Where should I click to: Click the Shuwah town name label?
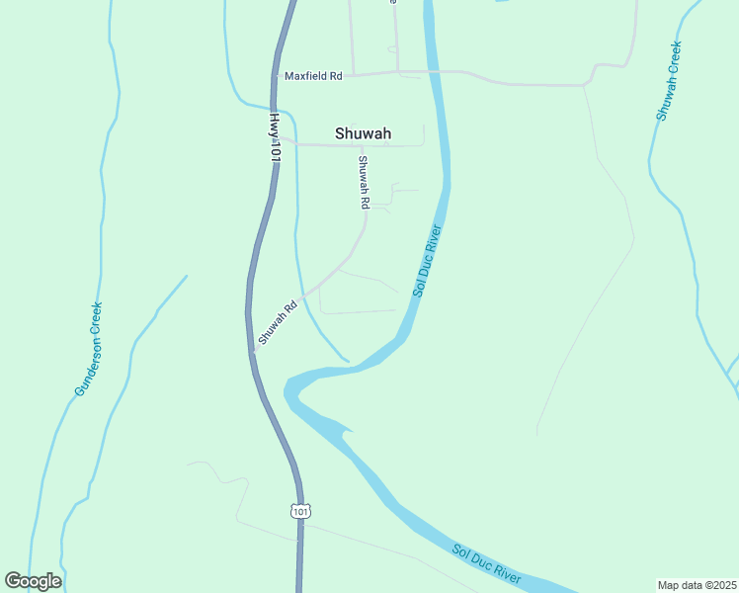(363, 133)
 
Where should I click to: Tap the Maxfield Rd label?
(312, 76)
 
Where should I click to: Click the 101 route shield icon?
(300, 511)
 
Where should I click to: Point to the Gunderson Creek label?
(89, 349)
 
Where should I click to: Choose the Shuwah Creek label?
(669, 81)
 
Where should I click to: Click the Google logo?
(33, 581)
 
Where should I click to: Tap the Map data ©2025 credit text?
(696, 584)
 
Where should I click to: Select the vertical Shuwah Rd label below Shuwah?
(364, 182)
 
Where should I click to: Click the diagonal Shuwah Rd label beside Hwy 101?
(277, 323)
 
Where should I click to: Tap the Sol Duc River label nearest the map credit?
(487, 562)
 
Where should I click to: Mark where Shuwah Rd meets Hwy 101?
(253, 350)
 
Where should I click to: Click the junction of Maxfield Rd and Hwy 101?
(274, 76)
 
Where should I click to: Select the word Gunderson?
(85, 367)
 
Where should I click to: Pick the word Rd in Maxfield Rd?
(335, 76)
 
